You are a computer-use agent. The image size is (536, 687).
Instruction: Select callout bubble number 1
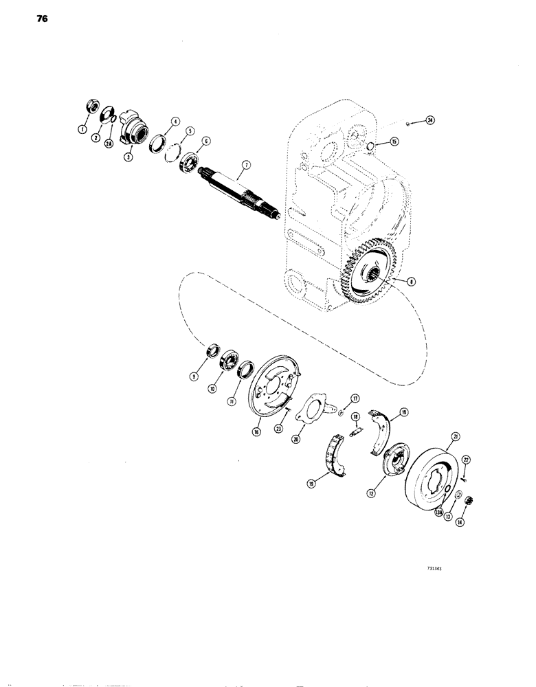coord(83,128)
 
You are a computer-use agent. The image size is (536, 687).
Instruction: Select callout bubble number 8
coord(411,280)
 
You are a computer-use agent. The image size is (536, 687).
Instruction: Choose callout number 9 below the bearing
coord(201,375)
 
